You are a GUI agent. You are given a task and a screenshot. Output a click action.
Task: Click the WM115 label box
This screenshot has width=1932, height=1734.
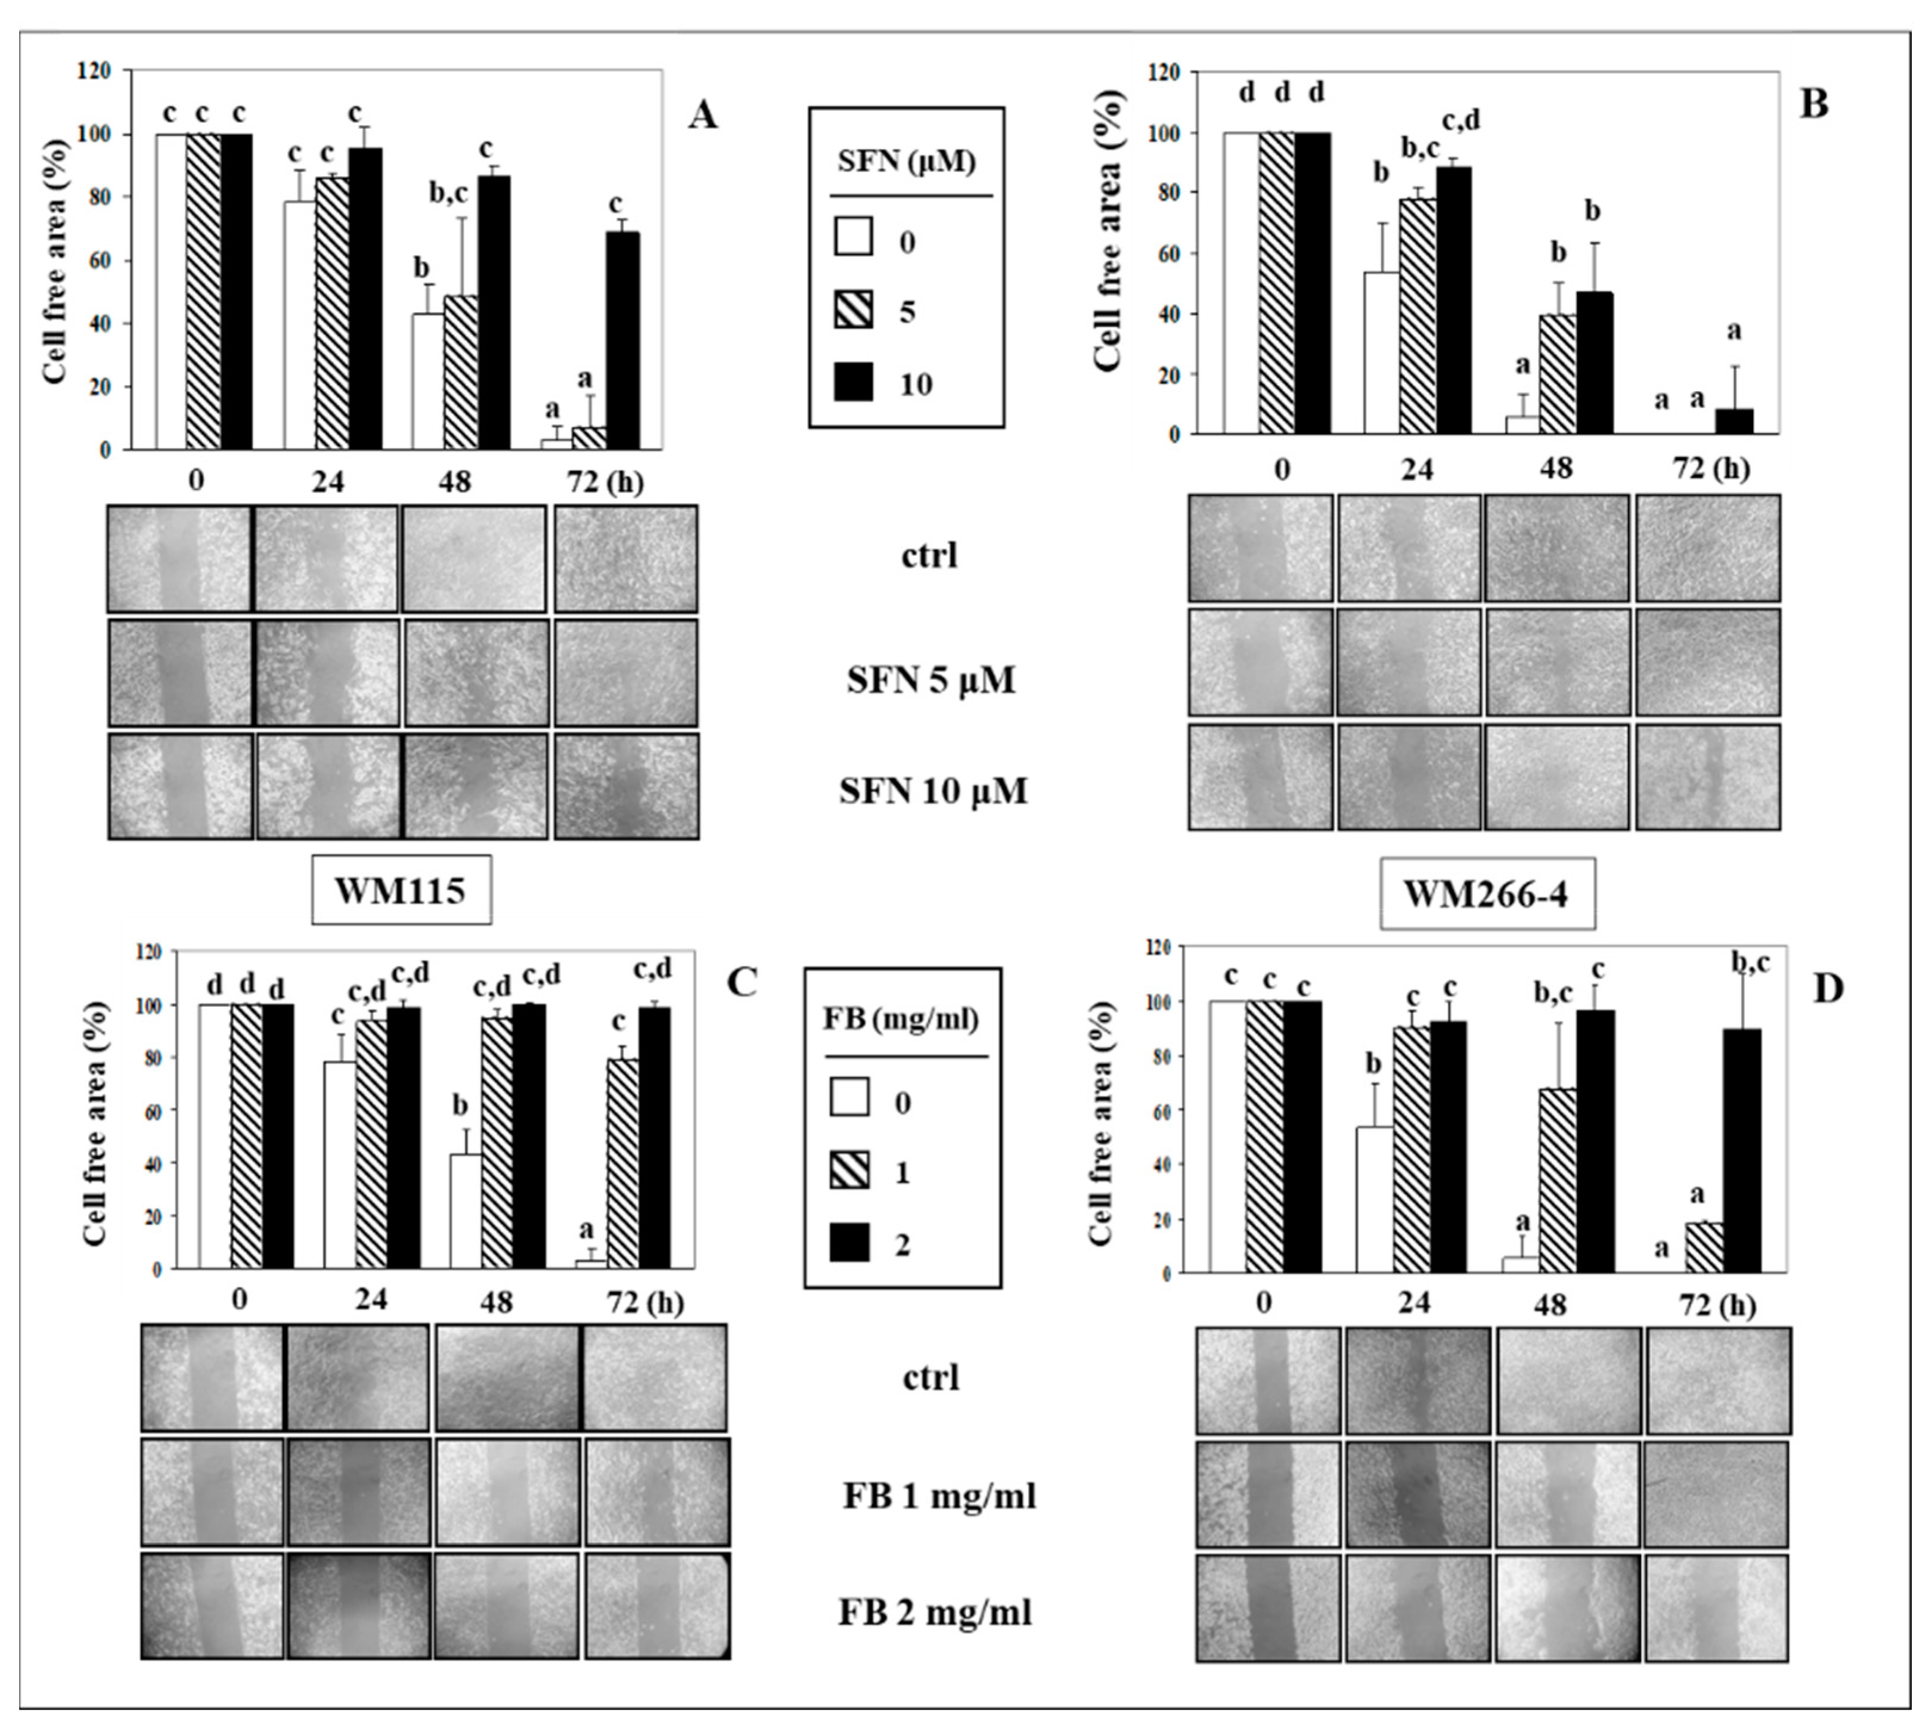[x=401, y=891]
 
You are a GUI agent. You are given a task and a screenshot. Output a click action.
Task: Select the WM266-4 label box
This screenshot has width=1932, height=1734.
[x=1487, y=896]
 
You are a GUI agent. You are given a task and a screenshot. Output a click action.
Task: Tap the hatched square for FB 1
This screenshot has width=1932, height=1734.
[x=849, y=1171]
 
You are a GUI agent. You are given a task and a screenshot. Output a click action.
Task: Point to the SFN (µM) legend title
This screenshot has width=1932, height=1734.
[x=907, y=162]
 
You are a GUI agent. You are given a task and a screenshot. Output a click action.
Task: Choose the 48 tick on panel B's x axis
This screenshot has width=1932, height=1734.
[x=1558, y=469]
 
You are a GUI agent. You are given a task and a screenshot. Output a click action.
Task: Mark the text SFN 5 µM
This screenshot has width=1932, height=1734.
[x=931, y=680]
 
